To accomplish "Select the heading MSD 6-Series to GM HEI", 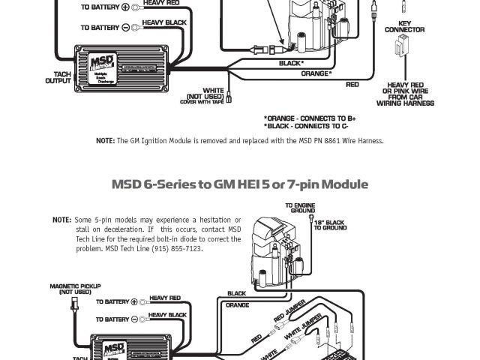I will tap(240, 184).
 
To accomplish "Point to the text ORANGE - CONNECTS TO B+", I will tap(309, 118).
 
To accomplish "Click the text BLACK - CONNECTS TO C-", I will tap(308, 127).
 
